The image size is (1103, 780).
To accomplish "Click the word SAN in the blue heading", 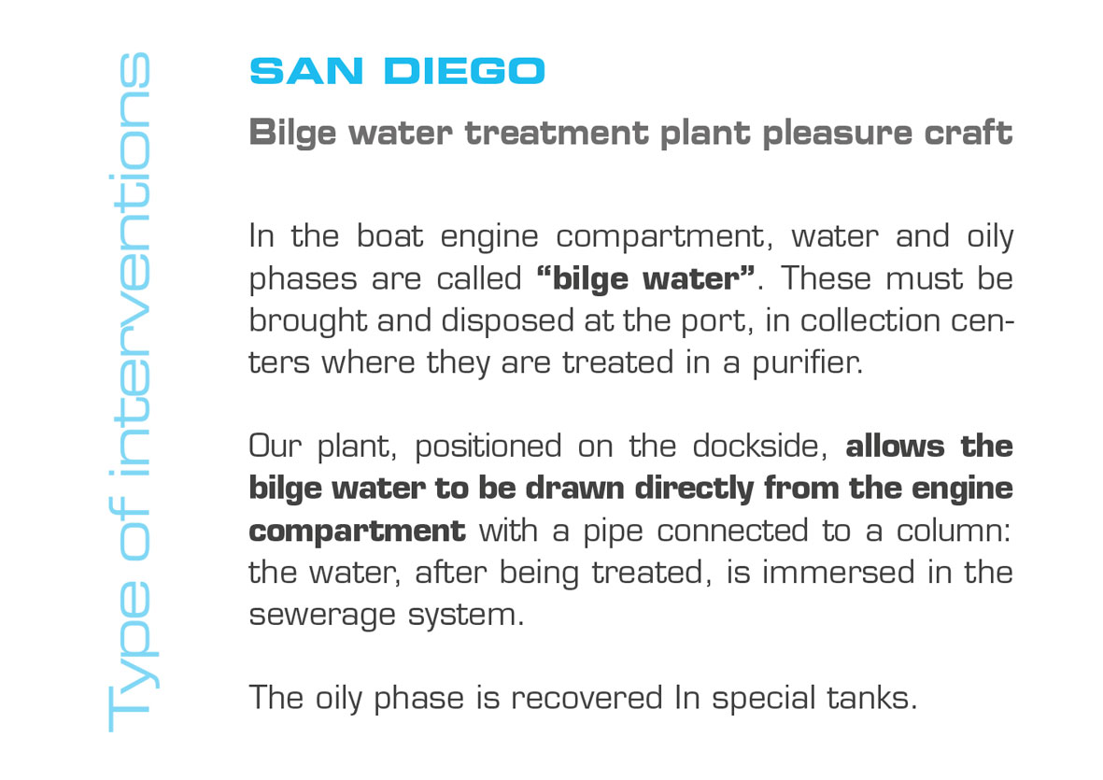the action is [306, 71].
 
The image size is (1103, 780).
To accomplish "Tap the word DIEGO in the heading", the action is [464, 71].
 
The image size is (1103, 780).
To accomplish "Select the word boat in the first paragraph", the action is [389, 236].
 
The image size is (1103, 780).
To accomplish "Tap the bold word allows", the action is [895, 447].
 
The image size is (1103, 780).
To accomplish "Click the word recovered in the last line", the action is [587, 699].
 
